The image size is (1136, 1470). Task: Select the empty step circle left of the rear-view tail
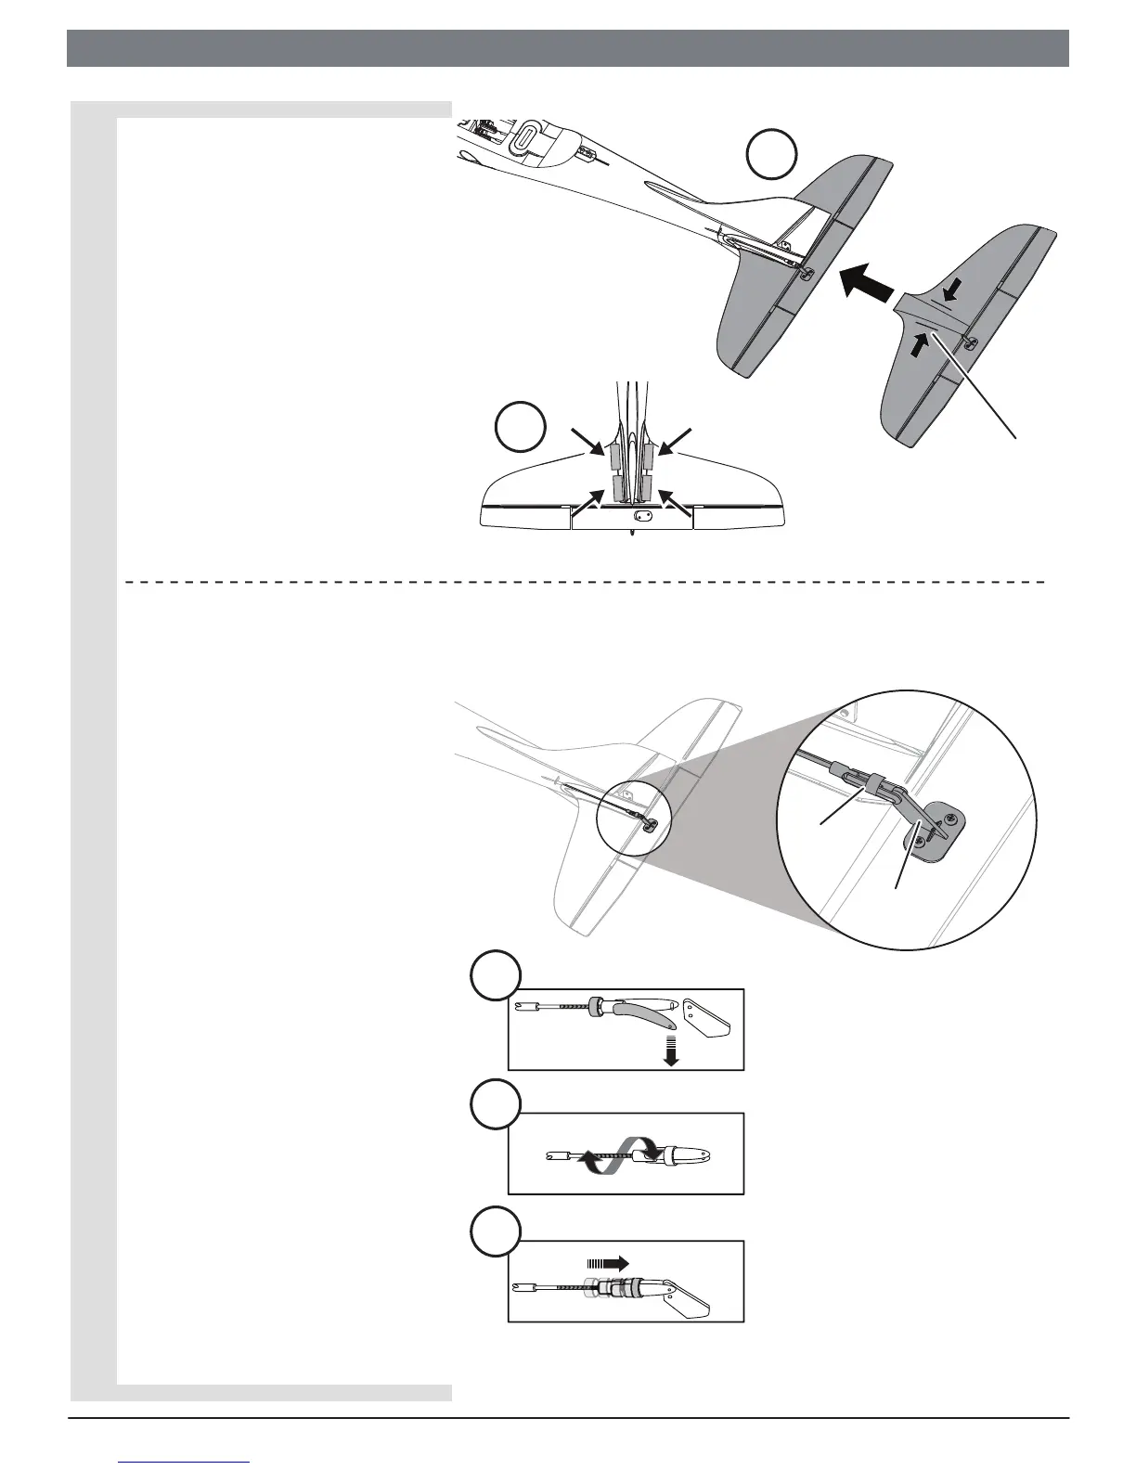click(520, 429)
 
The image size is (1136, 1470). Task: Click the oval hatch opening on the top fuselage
click(524, 137)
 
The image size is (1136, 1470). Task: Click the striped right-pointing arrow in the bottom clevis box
click(608, 1262)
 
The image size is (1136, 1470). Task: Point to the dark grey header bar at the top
click(567, 48)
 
